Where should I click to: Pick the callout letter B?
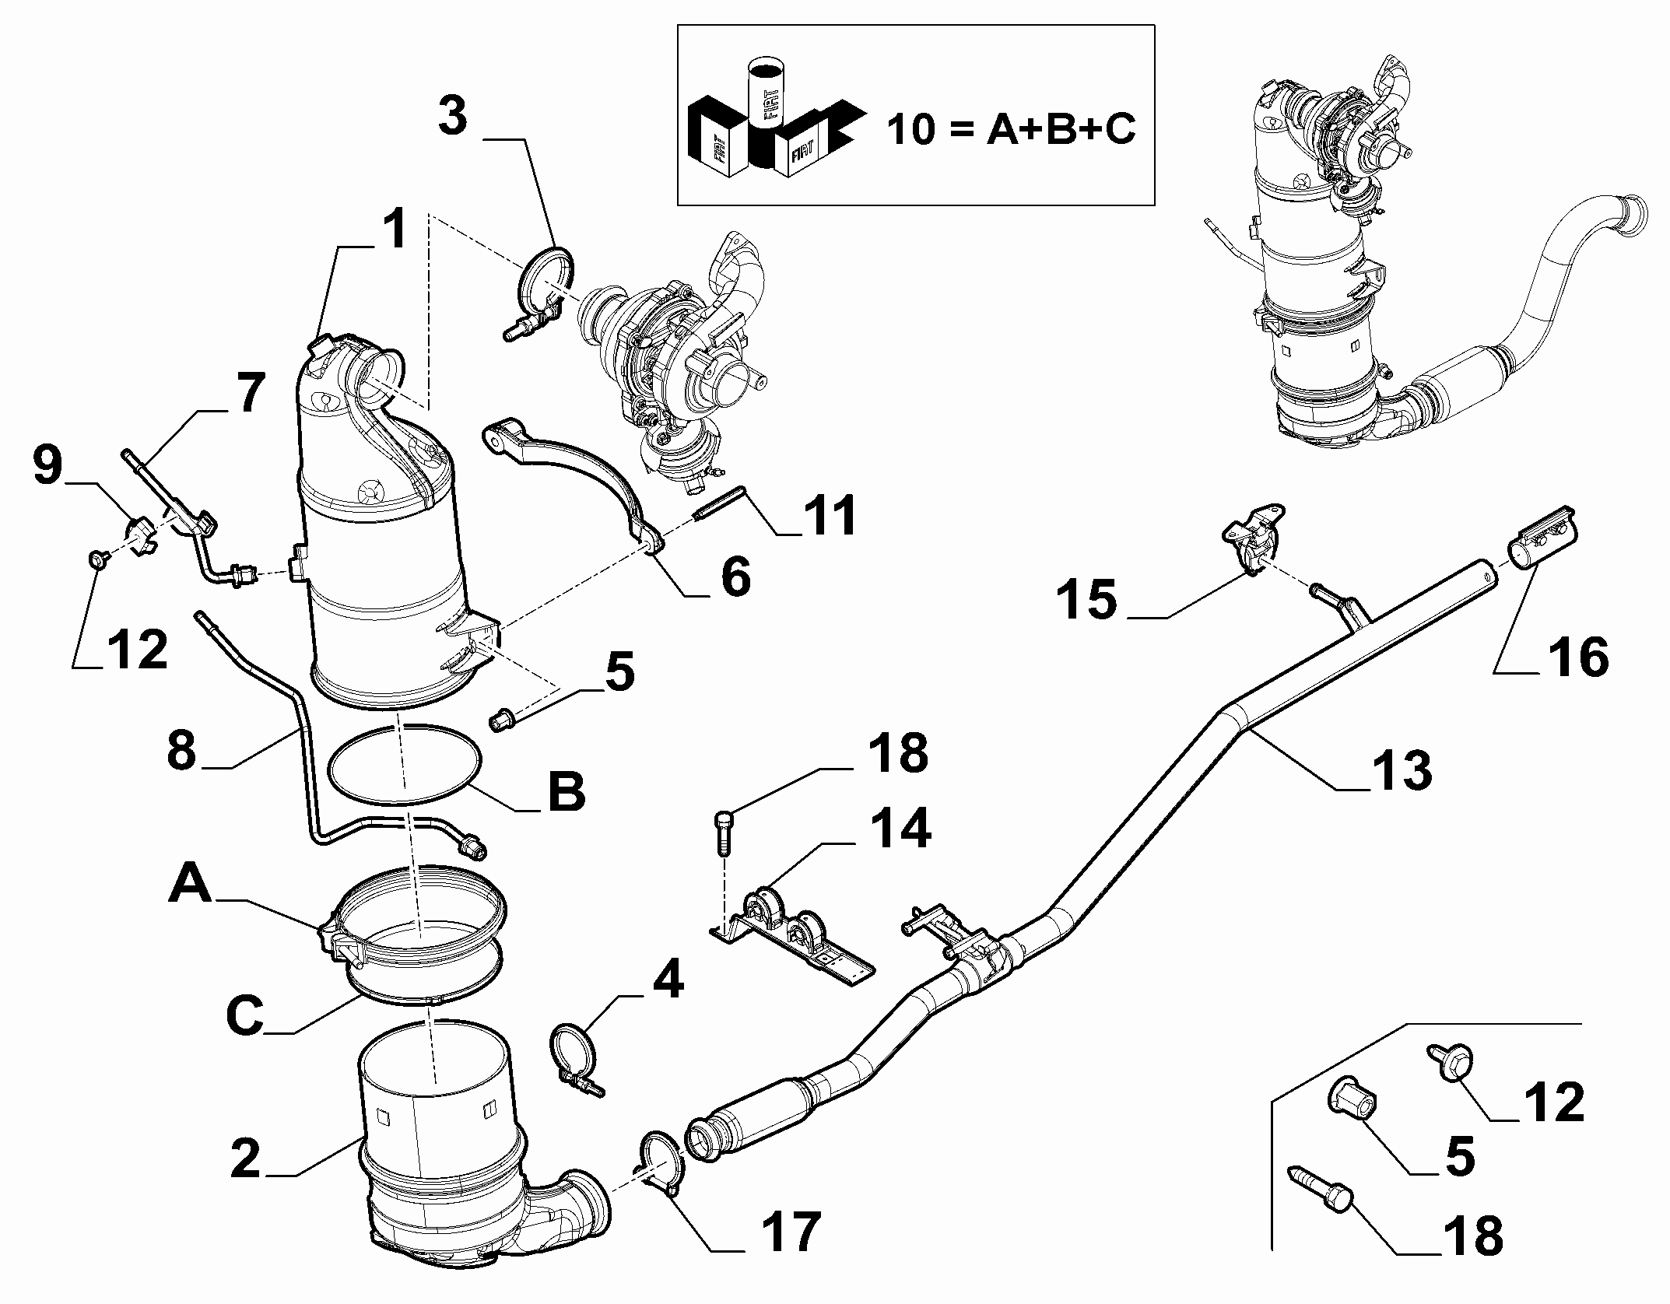566,792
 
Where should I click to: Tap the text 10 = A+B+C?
1011,128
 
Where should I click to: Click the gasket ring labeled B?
403,764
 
